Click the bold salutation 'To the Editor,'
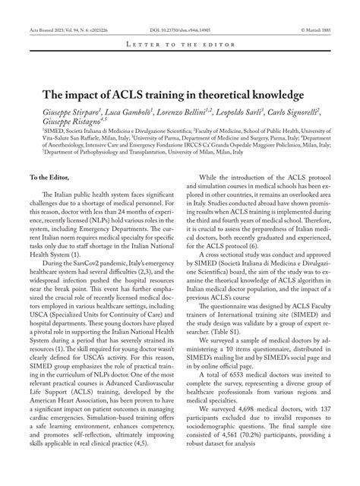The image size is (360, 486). [49, 177]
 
